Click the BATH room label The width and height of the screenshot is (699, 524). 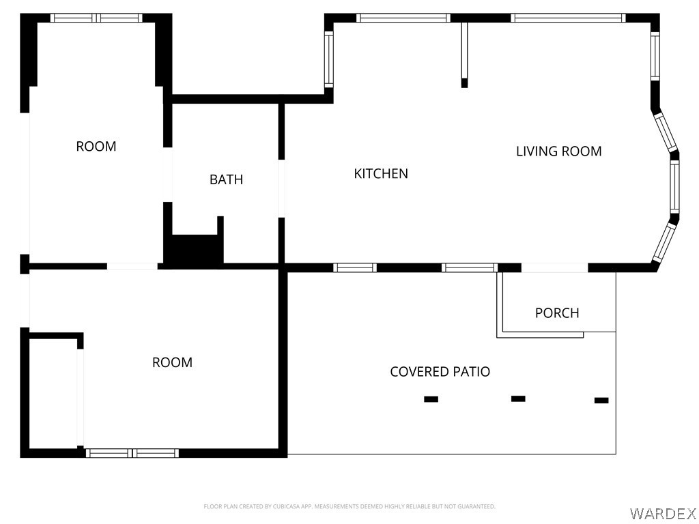(226, 179)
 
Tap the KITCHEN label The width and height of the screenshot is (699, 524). (381, 174)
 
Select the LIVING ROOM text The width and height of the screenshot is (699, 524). (558, 151)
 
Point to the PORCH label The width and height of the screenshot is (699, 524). (557, 313)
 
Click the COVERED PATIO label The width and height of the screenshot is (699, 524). (440, 372)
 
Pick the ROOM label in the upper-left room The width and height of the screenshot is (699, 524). (96, 146)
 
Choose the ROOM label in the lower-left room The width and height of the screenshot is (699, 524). (172, 362)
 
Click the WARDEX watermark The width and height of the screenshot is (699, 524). (662, 512)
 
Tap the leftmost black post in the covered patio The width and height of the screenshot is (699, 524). (431, 399)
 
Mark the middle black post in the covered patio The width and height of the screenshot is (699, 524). (518, 398)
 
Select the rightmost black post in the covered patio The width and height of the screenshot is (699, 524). (601, 401)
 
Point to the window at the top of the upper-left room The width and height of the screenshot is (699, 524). (96, 18)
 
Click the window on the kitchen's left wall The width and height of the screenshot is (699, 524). (328, 60)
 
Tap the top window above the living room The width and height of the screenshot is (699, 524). (568, 18)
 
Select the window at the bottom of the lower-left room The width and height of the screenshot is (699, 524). (132, 452)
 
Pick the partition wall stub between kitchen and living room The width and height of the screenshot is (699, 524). (464, 55)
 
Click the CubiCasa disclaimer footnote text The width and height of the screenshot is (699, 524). (349, 506)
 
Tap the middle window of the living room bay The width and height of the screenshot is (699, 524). (674, 186)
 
